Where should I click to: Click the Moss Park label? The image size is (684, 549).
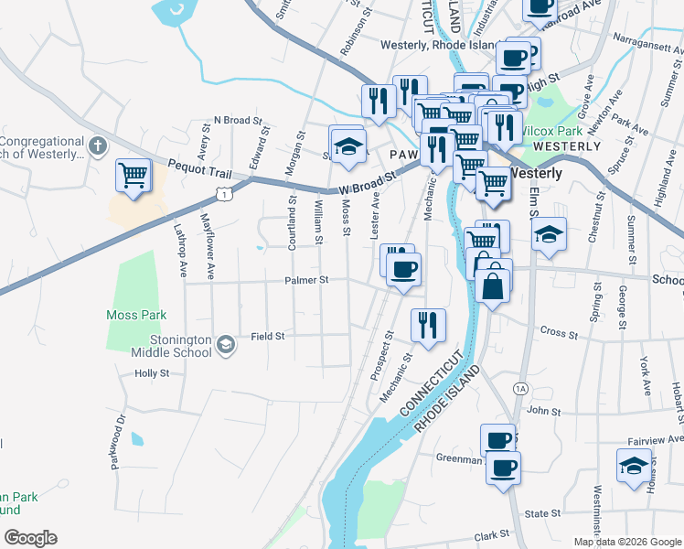click(x=136, y=315)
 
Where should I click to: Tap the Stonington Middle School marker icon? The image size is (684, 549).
click(x=227, y=343)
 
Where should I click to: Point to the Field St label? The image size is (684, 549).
click(x=268, y=336)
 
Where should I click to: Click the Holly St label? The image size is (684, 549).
click(x=152, y=373)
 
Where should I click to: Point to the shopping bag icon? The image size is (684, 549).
click(x=493, y=285)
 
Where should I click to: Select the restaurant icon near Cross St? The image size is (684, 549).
click(x=427, y=323)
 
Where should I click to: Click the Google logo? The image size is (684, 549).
click(x=30, y=538)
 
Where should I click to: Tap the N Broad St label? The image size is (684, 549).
click(x=238, y=120)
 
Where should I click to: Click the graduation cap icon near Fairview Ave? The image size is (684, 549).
click(x=635, y=465)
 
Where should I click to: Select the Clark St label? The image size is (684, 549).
click(x=491, y=535)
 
